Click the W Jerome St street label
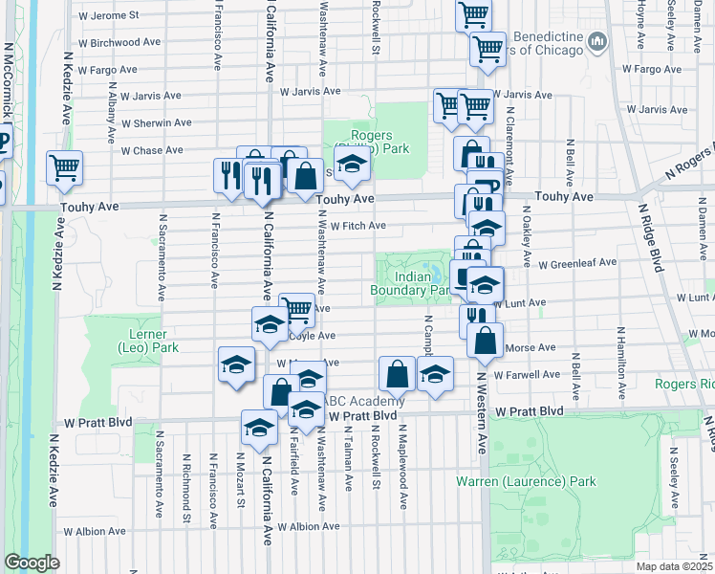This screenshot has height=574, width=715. (x=108, y=16)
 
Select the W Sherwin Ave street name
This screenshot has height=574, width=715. (x=156, y=123)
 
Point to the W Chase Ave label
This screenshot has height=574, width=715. (x=152, y=150)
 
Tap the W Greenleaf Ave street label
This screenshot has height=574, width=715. (x=577, y=263)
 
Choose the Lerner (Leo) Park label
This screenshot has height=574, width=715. (x=140, y=342)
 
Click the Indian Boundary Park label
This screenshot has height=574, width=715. (x=409, y=283)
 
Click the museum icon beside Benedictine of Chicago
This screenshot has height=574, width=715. (x=597, y=40)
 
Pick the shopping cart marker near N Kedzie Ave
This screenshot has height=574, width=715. (x=64, y=167)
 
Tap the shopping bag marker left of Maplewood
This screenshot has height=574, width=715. (x=397, y=373)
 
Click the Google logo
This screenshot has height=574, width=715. (x=32, y=563)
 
